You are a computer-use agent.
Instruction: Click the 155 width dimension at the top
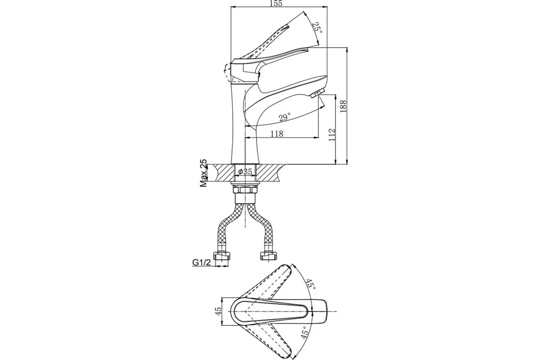[276, 4]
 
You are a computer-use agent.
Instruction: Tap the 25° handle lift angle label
[317, 28]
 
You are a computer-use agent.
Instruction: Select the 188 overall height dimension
[343, 106]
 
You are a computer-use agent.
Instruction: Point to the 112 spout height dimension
[332, 135]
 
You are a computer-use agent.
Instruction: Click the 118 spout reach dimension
[276, 134]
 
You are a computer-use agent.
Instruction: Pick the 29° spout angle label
[285, 117]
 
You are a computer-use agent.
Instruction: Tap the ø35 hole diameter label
[245, 171]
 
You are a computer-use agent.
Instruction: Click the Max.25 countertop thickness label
[203, 173]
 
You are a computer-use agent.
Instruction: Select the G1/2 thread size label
[201, 262]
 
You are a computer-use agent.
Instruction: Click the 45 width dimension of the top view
[218, 311]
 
